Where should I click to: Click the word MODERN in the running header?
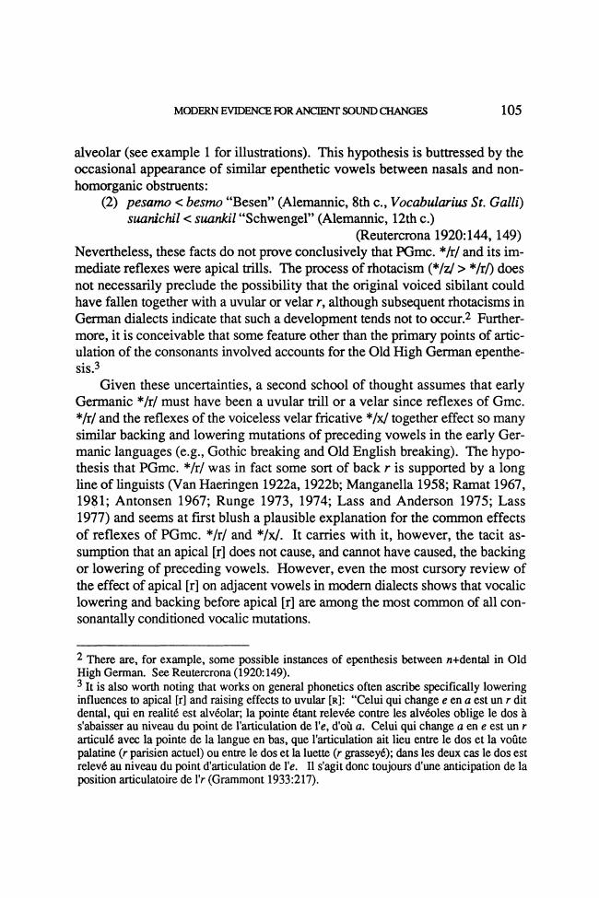[x=195, y=112]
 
